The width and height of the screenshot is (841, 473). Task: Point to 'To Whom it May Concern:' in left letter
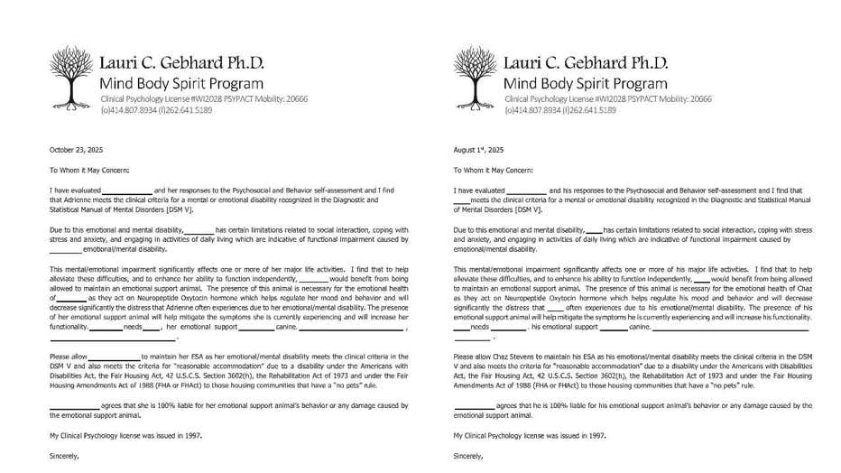89,170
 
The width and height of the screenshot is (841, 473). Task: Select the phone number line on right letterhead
560,110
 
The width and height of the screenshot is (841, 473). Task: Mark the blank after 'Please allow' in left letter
113,358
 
